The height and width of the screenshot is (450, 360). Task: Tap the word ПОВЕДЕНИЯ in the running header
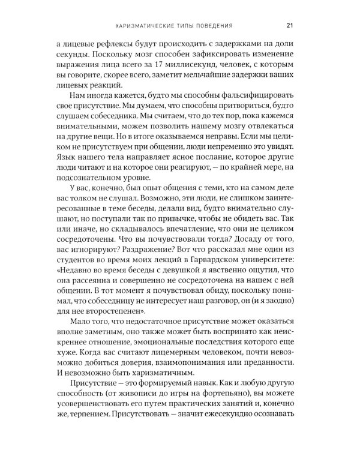pos(211,25)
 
